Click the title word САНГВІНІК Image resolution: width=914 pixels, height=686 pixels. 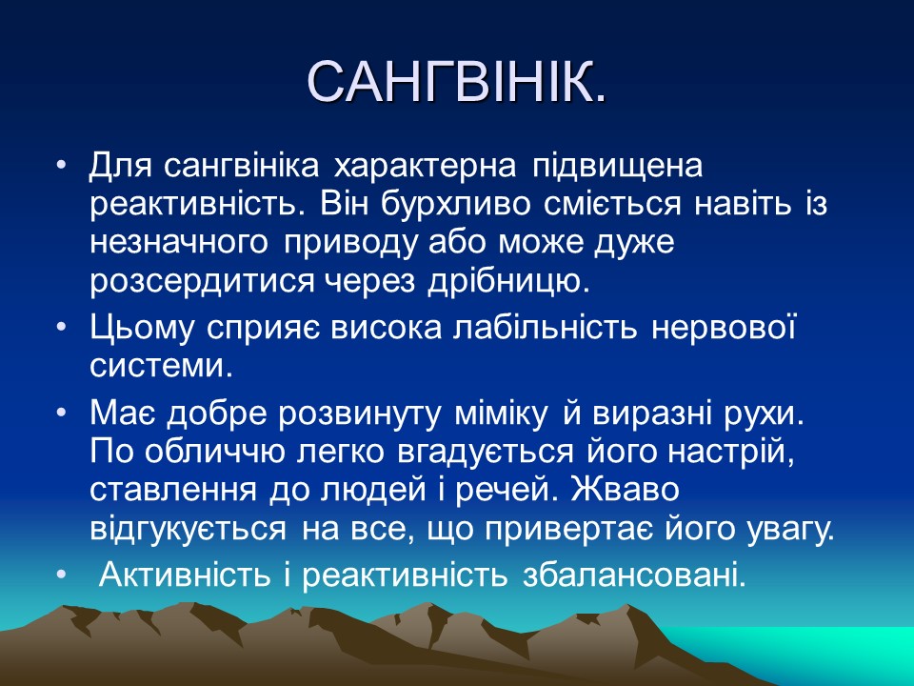pos(457,83)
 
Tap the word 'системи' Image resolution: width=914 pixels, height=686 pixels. pos(160,366)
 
